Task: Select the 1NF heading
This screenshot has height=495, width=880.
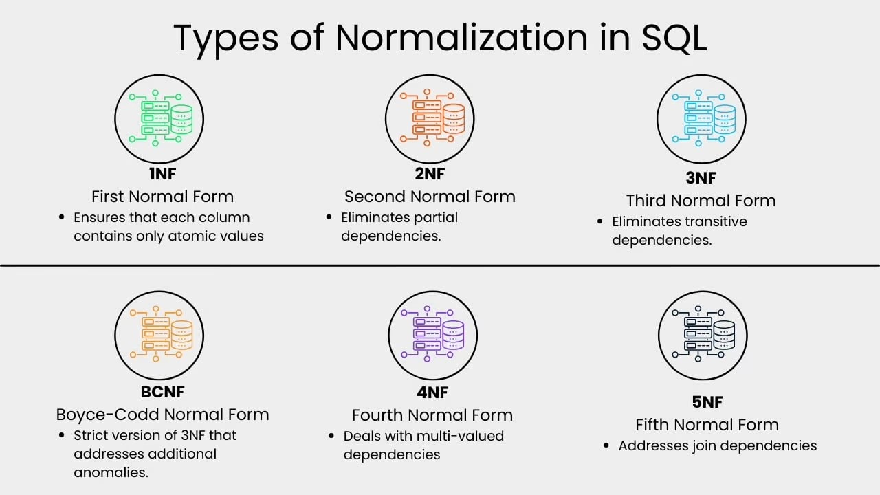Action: point(162,174)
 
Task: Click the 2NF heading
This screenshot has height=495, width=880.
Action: point(430,174)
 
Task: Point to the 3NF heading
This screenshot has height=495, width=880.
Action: point(701,178)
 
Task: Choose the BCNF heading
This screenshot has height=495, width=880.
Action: point(162,392)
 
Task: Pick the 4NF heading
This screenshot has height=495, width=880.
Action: point(432,392)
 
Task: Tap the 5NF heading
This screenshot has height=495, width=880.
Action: point(707,401)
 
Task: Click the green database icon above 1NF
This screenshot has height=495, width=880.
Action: point(159,118)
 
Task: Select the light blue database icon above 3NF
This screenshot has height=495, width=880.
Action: point(701,118)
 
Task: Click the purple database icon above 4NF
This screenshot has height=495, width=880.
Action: point(432,335)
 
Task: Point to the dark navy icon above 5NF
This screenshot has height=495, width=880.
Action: point(703,335)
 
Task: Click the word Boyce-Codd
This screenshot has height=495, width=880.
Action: point(109,415)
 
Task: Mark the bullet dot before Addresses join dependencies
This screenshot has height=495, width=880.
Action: point(606,445)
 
